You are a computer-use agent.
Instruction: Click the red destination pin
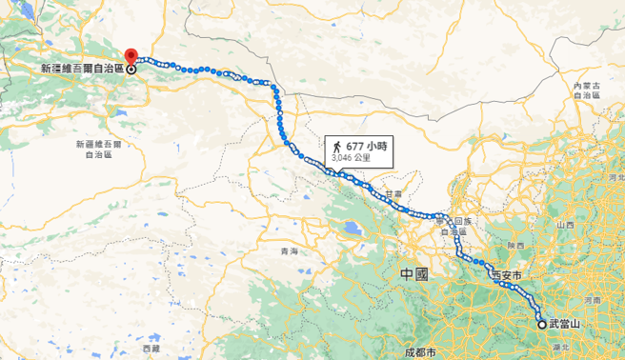coord(131,56)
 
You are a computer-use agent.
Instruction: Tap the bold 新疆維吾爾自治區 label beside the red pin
coord(84,70)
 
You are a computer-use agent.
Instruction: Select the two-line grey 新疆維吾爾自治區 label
coord(99,149)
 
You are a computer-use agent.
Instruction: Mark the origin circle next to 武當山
coord(542,325)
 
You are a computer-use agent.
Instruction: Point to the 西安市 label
coord(507,276)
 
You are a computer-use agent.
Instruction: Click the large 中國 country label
coord(414,274)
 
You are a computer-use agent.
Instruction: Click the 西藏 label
coord(152,350)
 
